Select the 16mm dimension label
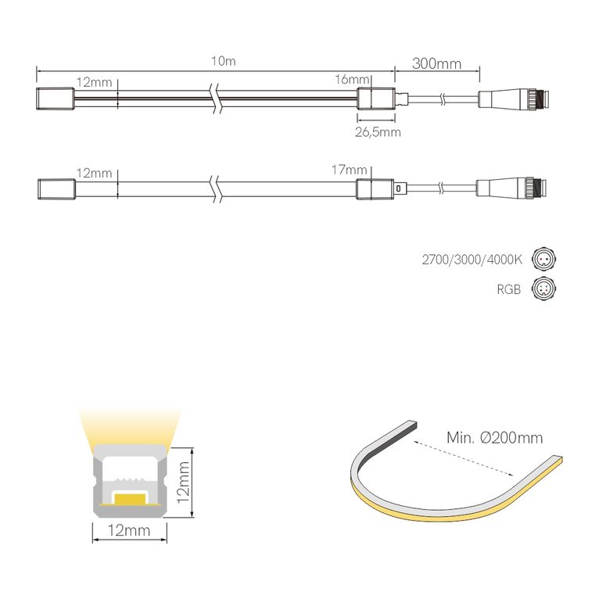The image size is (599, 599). pos(351,81)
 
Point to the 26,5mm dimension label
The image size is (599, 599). pos(378,132)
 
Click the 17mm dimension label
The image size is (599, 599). pos(350,170)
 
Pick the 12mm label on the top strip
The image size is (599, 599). pos(95,82)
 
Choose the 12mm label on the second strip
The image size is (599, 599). pos(95,172)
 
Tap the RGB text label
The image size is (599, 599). pos(510,289)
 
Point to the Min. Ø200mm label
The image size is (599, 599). pos(494,438)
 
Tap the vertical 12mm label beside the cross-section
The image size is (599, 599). pos(185,483)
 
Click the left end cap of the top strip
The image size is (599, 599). pos(56,100)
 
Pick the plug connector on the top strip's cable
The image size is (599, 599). pos(515,99)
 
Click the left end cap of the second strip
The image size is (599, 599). pos(56,188)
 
